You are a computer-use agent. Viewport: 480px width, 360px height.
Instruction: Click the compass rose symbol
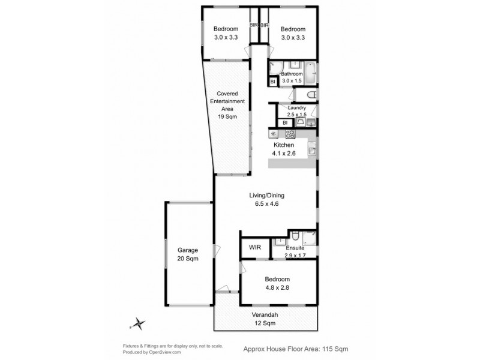coord(139,324)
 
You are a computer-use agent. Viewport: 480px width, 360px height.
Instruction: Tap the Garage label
coord(187,250)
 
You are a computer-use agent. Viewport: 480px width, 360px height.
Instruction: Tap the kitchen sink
coord(311,149)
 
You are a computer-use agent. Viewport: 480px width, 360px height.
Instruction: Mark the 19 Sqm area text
coord(227,118)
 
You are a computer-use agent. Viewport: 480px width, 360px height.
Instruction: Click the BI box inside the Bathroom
coord(272,82)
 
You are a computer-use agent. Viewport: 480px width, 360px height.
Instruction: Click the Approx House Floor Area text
coord(295,348)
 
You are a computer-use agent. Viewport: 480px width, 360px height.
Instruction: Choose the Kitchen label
coord(284,146)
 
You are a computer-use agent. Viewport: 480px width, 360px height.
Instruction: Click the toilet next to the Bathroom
coord(310,95)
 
